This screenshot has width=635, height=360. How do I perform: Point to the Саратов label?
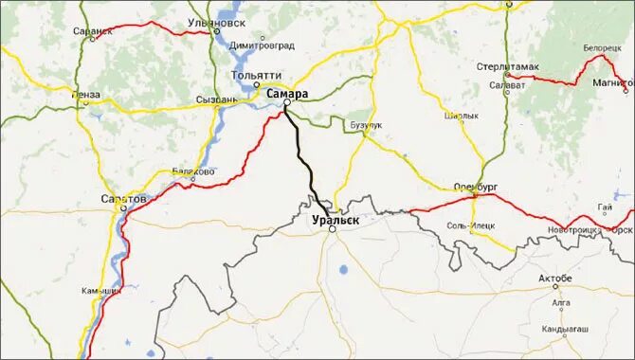click(x=123, y=200)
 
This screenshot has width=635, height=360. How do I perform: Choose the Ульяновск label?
click(x=245, y=21)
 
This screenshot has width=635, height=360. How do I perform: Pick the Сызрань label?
click(x=216, y=99)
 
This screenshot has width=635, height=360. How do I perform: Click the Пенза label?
click(x=85, y=95)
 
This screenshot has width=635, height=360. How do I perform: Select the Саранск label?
click(x=92, y=31)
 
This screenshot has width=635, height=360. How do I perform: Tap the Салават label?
click(x=507, y=84)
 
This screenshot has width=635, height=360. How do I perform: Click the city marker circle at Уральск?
click(x=333, y=228)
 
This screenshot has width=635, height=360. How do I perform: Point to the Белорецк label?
click(x=602, y=46)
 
